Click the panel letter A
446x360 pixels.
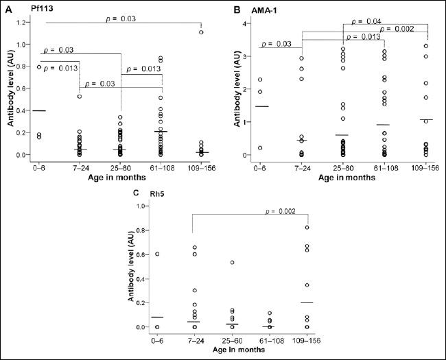8,10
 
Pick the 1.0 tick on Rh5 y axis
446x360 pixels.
141,206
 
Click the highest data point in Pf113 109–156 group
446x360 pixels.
201,32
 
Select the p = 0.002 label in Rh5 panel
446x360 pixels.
282,211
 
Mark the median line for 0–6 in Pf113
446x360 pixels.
40,110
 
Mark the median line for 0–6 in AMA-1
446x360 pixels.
261,106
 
